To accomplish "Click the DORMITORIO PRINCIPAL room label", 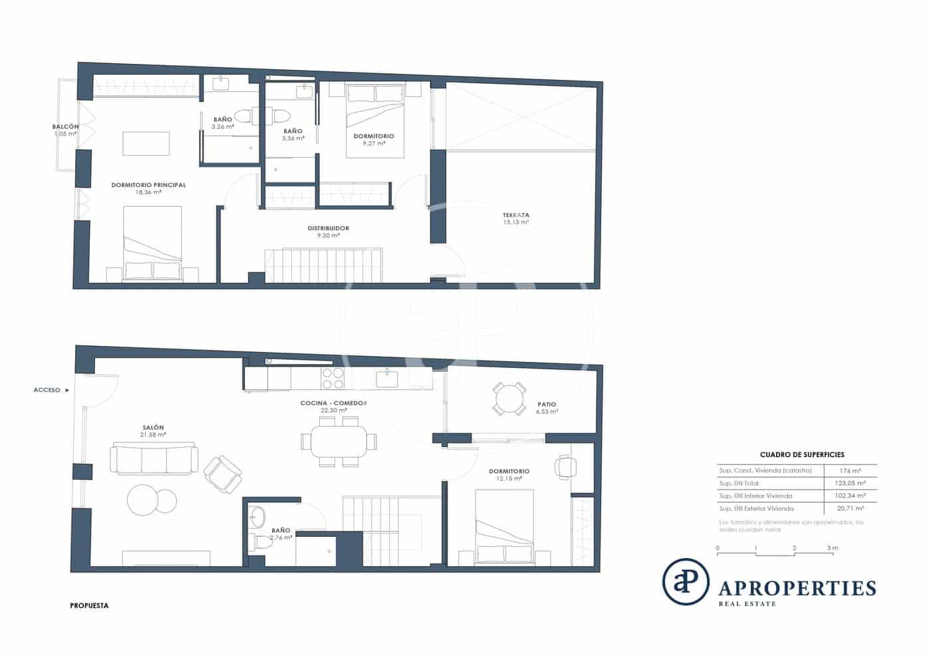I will (x=148, y=185).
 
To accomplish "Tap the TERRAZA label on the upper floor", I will (x=515, y=215).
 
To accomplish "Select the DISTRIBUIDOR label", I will (x=328, y=228).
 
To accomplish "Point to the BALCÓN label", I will (x=66, y=126).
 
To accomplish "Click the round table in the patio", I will (x=509, y=399).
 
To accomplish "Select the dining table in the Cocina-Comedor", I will (x=338, y=441).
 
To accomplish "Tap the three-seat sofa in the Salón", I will (x=154, y=458).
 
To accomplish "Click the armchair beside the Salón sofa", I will (x=222, y=474).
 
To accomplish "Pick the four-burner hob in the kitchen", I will (x=332, y=379).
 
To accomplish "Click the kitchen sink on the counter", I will (x=387, y=379).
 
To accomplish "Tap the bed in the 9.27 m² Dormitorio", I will (x=375, y=120).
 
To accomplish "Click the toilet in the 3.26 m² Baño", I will (x=243, y=116).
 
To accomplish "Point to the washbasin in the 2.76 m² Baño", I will (x=256, y=516).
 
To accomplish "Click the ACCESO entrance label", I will (x=47, y=390).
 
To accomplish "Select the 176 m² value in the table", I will (x=851, y=470).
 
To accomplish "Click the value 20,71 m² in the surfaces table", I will (x=851, y=508).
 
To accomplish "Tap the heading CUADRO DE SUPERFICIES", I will (x=801, y=454).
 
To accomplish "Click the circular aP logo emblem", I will (x=686, y=581).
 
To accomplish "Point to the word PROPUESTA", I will (x=89, y=605).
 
